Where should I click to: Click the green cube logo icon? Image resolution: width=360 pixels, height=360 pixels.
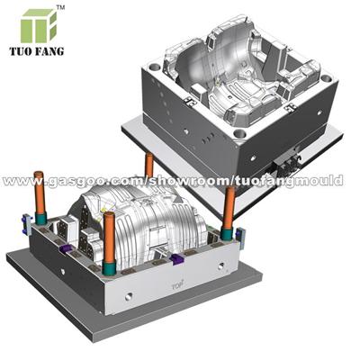point(39,26)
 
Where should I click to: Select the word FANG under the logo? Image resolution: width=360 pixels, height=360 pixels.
point(50,51)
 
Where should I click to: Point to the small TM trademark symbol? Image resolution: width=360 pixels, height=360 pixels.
point(61,8)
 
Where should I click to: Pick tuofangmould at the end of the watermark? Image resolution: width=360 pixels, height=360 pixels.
point(287,181)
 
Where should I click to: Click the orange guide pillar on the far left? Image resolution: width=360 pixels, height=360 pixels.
point(40,193)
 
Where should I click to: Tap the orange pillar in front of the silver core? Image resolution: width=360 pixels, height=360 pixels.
point(109,238)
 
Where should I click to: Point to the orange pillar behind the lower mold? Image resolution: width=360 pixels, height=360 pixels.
point(148,165)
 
